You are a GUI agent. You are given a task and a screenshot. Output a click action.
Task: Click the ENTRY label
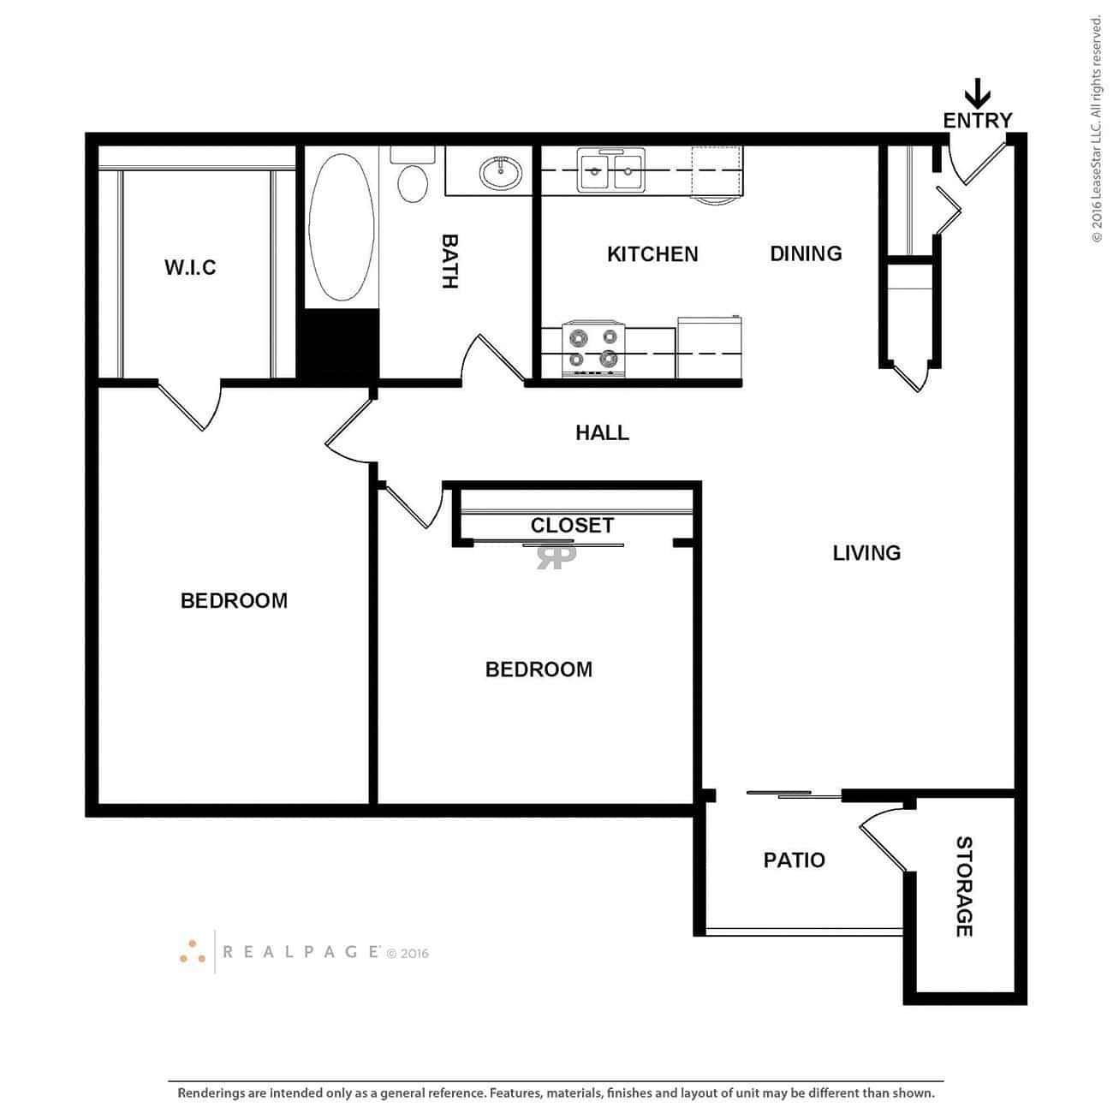point(977,121)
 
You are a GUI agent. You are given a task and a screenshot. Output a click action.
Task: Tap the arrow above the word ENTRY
point(977,92)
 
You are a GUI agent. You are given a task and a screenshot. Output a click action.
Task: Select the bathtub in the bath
point(341,227)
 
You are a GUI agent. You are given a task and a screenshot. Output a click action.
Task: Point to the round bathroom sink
point(499,172)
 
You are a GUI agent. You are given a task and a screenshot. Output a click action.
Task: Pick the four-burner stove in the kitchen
point(594,348)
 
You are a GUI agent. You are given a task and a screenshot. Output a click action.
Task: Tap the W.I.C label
point(190,267)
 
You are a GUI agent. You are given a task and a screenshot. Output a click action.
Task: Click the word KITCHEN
point(652,254)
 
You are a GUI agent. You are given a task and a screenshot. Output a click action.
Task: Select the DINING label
point(806,253)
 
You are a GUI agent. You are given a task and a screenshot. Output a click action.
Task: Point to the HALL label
point(602,433)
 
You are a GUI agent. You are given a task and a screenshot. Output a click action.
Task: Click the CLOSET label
point(572,525)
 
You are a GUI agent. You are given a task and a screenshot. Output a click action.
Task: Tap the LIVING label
point(866,553)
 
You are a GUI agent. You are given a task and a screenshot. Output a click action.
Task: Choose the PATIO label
point(794,860)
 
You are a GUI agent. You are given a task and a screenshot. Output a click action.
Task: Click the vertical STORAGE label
point(964,886)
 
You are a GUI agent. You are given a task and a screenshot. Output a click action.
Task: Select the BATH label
point(449,261)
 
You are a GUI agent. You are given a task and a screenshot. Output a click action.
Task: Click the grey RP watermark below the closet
point(556,556)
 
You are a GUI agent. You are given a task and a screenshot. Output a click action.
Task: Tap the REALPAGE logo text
point(301,951)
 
